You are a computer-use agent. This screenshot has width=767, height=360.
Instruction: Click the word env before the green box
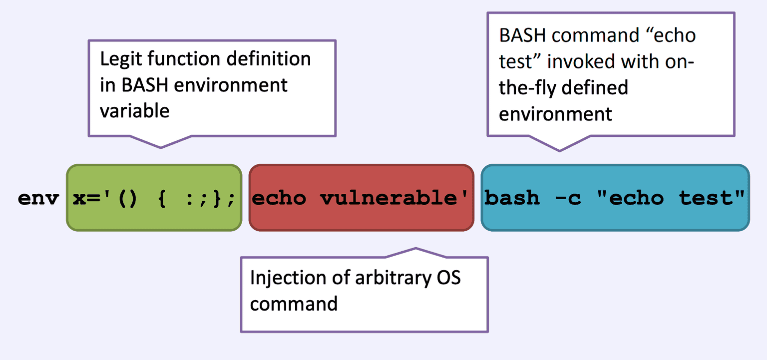pyautogui.click(x=38, y=198)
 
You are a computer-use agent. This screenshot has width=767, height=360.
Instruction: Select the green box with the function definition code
pyautogui.click(x=154, y=198)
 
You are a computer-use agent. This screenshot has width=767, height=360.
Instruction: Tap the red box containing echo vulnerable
pyautogui.click(x=361, y=198)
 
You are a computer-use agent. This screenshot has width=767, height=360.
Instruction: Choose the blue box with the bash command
pyautogui.click(x=615, y=198)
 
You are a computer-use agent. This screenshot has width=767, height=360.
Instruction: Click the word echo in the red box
pyautogui.click(x=279, y=198)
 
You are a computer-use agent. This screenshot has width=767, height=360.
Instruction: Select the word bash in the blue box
pyautogui.click(x=512, y=198)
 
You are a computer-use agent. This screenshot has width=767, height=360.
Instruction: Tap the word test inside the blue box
pyautogui.click(x=707, y=198)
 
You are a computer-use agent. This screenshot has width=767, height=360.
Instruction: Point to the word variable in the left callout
pyautogui.click(x=135, y=110)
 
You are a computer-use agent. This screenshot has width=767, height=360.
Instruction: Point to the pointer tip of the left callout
pyautogui.click(x=160, y=148)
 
